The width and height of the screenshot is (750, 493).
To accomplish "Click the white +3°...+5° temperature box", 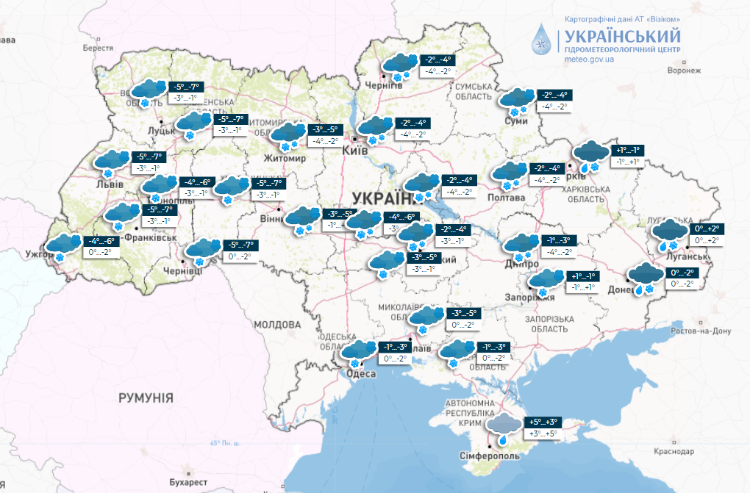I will pos(543,434).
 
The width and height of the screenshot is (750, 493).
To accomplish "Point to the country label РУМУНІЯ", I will pos(146,397).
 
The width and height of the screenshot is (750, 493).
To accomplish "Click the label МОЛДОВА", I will pos(277,324).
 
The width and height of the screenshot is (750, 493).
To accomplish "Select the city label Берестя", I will pos(99,48).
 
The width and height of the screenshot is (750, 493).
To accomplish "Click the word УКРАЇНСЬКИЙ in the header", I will pos(622,35).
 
